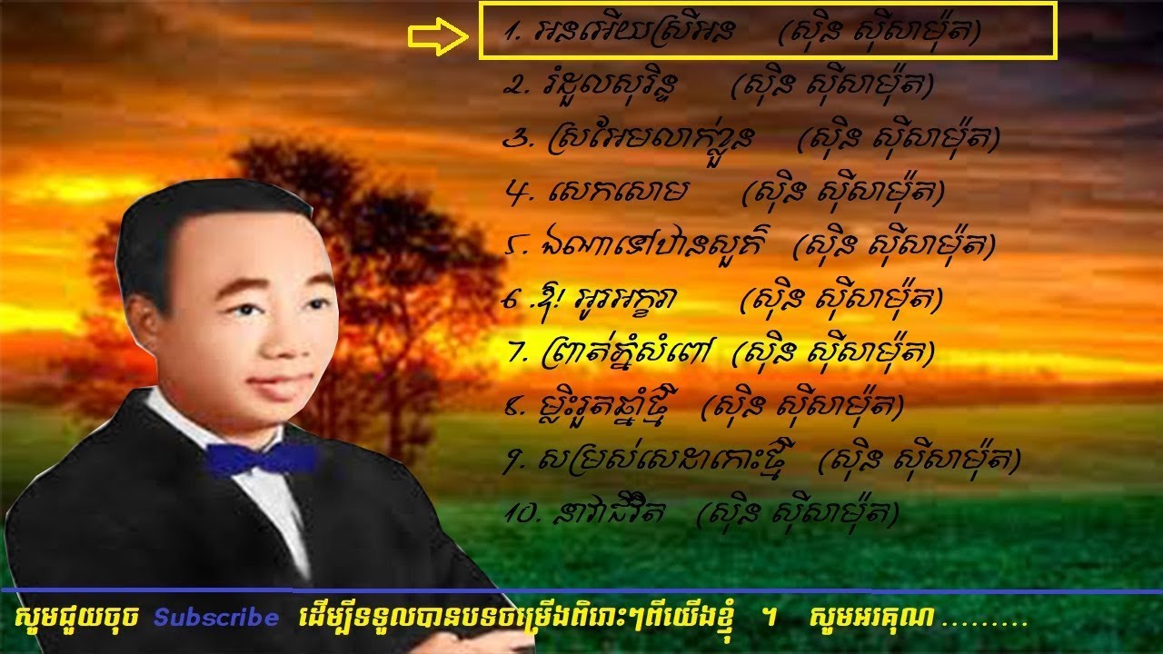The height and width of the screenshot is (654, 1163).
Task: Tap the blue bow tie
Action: tap(261, 458)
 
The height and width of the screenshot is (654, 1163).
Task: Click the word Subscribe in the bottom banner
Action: tap(216, 619)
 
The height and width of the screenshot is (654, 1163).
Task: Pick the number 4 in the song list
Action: tap(515, 192)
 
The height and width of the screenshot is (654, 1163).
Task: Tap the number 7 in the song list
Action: tap(518, 352)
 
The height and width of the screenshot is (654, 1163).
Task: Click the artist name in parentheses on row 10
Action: tap(797, 514)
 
